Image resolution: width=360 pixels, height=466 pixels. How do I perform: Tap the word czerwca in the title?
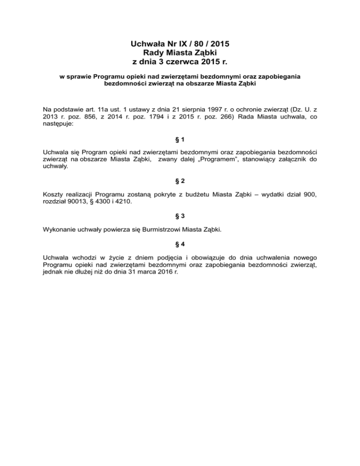pos(184,61)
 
